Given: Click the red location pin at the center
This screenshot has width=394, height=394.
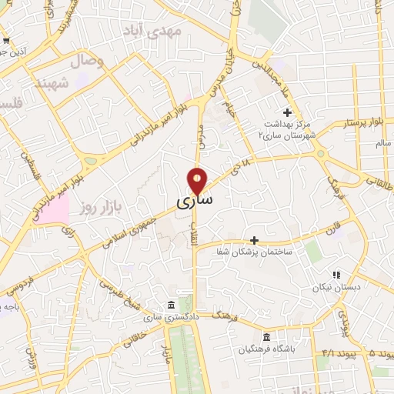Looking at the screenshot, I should (198, 180).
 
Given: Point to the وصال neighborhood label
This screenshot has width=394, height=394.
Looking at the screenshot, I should (88, 60).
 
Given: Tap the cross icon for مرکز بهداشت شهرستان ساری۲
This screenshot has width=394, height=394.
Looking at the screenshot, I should (287, 112).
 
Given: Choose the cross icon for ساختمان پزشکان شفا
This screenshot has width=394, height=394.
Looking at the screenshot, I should (255, 240).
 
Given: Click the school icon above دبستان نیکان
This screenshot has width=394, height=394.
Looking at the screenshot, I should (336, 274).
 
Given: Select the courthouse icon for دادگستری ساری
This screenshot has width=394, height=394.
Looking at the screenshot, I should (172, 304).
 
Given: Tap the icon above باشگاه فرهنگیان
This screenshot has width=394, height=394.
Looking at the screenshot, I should (266, 337).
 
